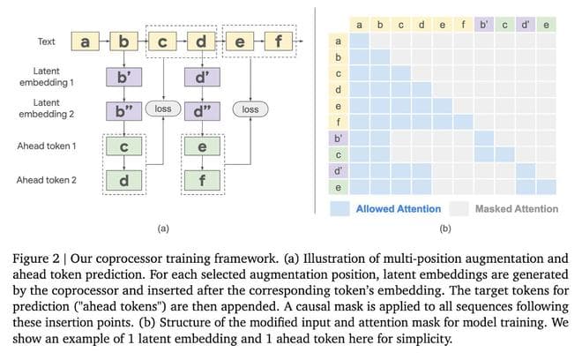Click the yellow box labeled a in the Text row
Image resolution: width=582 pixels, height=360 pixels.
tap(85, 41)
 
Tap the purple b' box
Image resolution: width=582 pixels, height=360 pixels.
tap(123, 77)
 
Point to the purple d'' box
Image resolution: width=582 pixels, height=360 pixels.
tap(201, 111)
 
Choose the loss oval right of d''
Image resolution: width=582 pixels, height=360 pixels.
tap(250, 110)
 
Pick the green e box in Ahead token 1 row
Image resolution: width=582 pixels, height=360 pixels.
tap(201, 146)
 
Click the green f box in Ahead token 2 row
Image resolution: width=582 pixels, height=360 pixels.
tap(201, 180)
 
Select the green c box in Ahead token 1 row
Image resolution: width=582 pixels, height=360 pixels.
tap(123, 146)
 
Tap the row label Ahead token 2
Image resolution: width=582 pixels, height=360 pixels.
tap(46, 180)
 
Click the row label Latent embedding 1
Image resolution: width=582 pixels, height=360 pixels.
tap(46, 77)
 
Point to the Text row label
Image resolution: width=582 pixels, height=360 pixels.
tap(47, 41)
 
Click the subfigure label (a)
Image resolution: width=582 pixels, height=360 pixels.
tap(162, 228)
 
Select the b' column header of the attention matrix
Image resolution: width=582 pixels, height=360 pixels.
tap(484, 25)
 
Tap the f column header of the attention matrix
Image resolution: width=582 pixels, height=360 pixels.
tap(464, 25)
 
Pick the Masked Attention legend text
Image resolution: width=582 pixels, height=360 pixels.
tap(516, 209)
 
